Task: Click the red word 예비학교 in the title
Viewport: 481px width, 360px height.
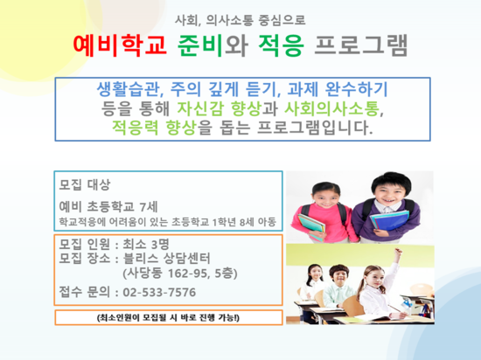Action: [120, 45]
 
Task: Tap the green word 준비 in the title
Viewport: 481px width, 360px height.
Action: [200, 45]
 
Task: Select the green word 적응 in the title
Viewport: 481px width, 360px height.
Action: [281, 45]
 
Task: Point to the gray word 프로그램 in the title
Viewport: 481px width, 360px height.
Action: [361, 45]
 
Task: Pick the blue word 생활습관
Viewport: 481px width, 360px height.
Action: [129, 89]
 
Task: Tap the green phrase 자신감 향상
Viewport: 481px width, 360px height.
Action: [220, 108]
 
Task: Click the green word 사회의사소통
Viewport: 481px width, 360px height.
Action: [331, 108]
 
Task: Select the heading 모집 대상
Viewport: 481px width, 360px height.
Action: [84, 184]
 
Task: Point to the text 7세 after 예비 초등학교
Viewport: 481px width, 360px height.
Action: [149, 207]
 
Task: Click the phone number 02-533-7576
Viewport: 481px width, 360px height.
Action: [159, 293]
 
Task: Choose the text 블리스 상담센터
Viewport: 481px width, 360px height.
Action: [166, 259]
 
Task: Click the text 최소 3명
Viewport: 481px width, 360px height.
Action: [146, 244]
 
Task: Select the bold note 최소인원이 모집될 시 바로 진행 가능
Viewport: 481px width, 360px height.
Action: [168, 318]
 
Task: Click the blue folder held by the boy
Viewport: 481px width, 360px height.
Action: [389, 219]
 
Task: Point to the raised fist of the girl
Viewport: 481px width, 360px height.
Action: [398, 253]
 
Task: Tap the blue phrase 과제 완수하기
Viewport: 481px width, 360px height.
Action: [338, 89]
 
